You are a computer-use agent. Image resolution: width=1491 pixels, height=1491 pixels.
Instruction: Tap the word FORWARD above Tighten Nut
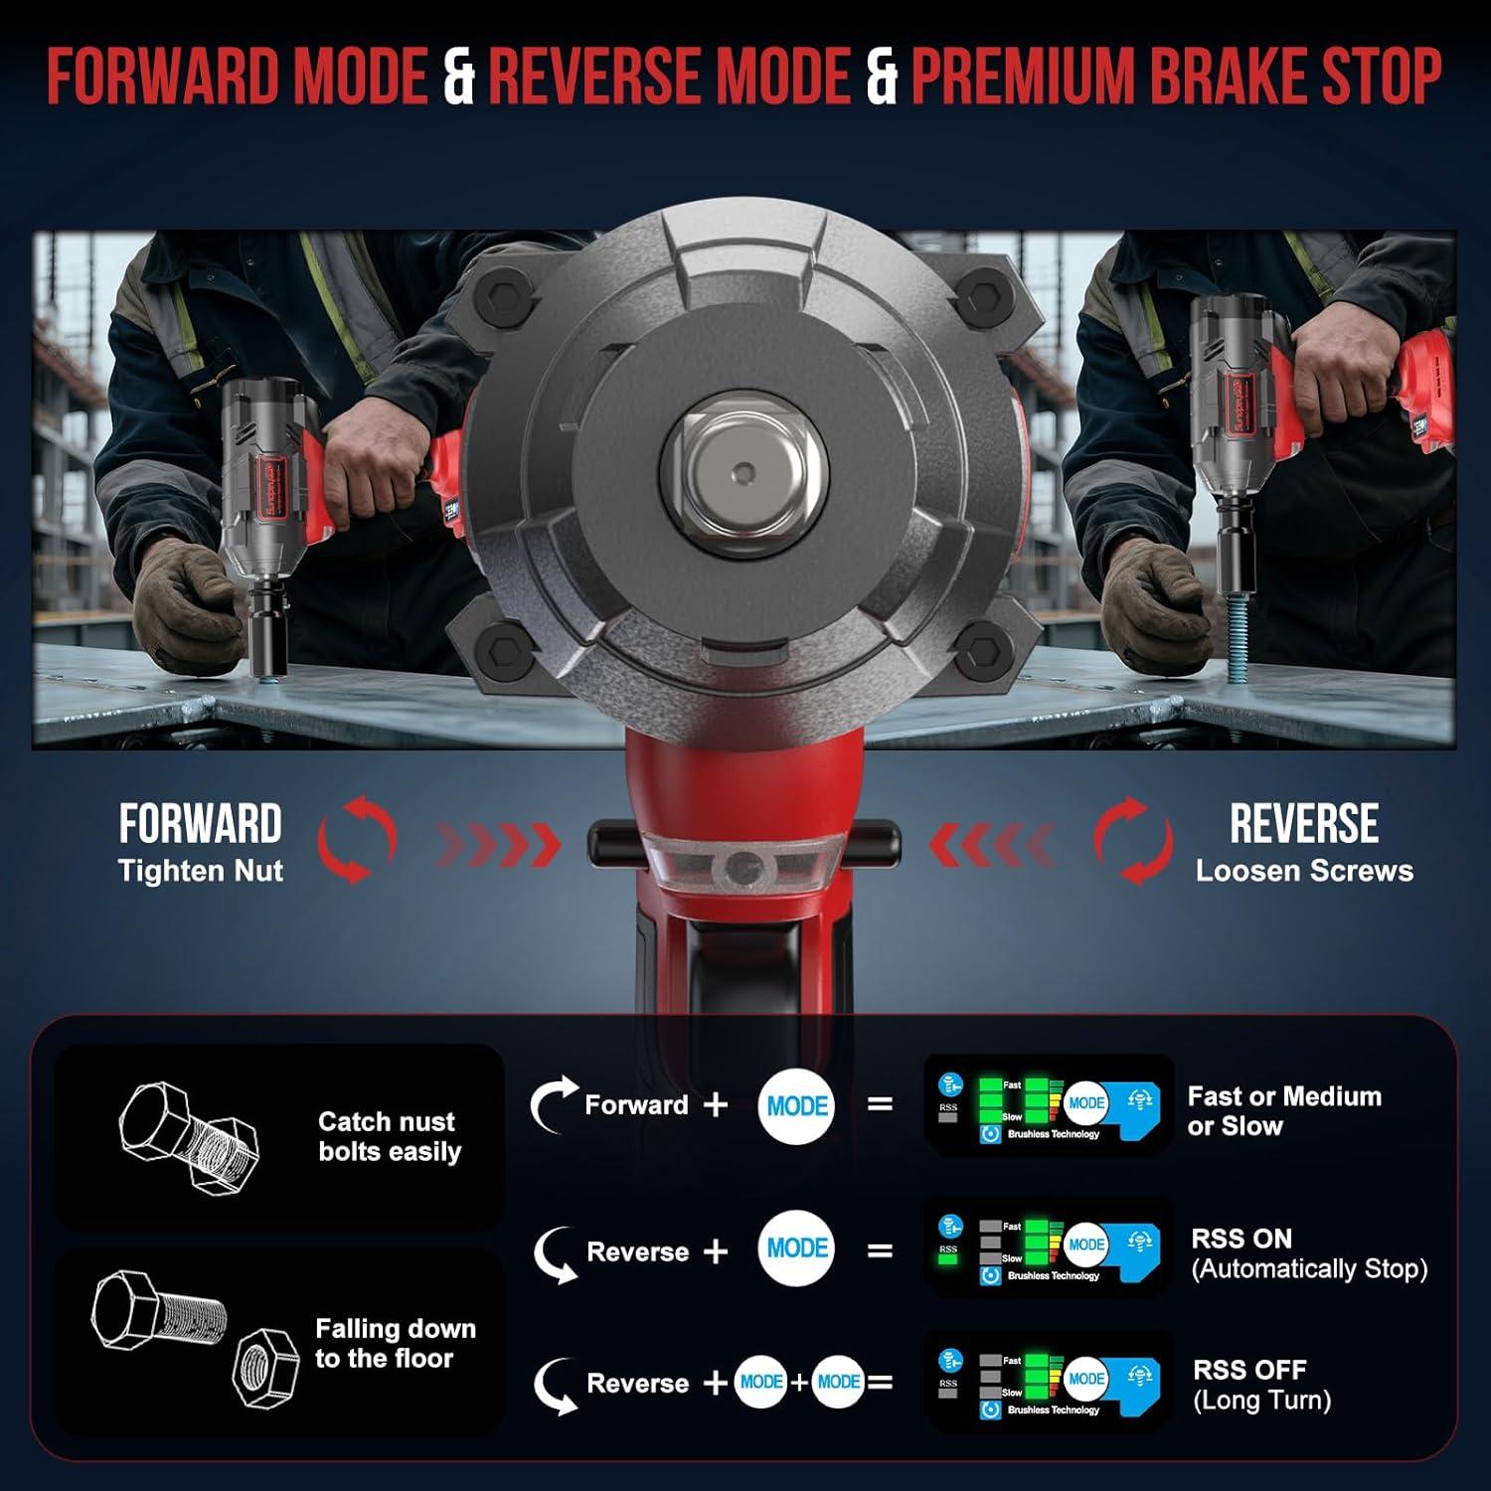click(201, 824)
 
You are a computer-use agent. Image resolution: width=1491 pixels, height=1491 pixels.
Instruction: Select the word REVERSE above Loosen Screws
click(1303, 824)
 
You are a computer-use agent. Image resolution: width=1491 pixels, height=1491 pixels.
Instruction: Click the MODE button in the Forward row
click(796, 1105)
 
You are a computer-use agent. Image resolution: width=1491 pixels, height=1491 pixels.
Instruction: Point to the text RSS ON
click(1242, 1239)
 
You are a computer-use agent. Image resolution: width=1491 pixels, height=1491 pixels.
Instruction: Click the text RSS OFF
click(1249, 1370)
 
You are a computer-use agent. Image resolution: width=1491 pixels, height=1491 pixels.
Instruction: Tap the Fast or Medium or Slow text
click(1283, 1111)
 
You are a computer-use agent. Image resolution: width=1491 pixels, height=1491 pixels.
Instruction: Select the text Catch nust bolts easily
click(389, 1136)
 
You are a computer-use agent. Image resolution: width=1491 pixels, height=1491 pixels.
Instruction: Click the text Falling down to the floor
click(395, 1343)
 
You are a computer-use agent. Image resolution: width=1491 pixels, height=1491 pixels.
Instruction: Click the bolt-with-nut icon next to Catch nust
click(189, 1137)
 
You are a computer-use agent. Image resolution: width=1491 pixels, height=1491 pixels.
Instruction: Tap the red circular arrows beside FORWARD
click(357, 839)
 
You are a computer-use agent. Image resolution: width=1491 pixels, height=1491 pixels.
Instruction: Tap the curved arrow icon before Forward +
click(553, 1103)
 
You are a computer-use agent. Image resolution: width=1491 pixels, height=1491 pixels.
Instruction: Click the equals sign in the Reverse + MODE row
click(879, 1250)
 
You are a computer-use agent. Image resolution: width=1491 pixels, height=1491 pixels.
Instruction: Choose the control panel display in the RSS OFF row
click(1049, 1382)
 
